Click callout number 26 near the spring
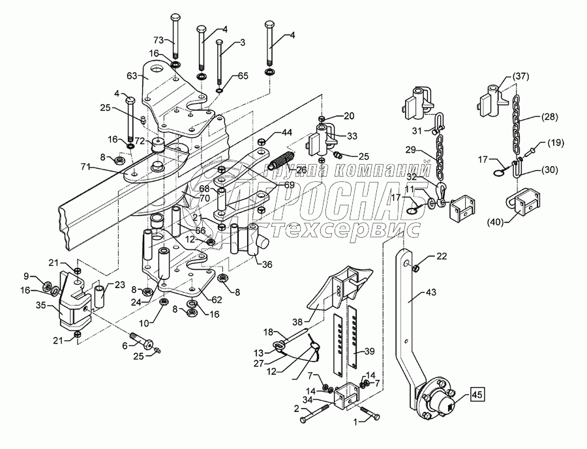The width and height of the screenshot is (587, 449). click(301, 170)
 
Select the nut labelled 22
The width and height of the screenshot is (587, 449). click(418, 263)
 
